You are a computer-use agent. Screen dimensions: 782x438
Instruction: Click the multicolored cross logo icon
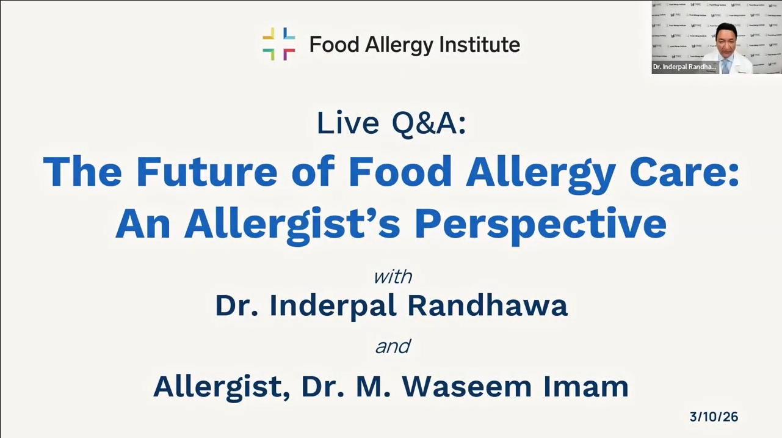[x=278, y=44]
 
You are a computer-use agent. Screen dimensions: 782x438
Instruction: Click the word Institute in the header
[x=480, y=45]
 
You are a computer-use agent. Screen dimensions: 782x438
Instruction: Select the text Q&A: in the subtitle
[x=429, y=124]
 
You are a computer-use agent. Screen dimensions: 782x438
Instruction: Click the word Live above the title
[x=348, y=123]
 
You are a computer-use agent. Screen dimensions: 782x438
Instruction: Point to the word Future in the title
[x=207, y=172]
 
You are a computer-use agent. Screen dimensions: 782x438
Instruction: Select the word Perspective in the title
[x=540, y=225]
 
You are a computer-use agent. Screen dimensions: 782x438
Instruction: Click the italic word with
[x=393, y=277]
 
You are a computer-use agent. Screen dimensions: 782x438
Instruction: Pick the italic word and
[x=393, y=346]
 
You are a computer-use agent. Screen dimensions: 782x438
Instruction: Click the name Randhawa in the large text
[x=487, y=305]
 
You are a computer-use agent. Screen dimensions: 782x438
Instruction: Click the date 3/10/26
[x=714, y=417]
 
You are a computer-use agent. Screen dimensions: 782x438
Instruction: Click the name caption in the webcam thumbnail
[x=684, y=67]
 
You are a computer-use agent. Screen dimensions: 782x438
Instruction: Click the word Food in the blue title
[x=399, y=172]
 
